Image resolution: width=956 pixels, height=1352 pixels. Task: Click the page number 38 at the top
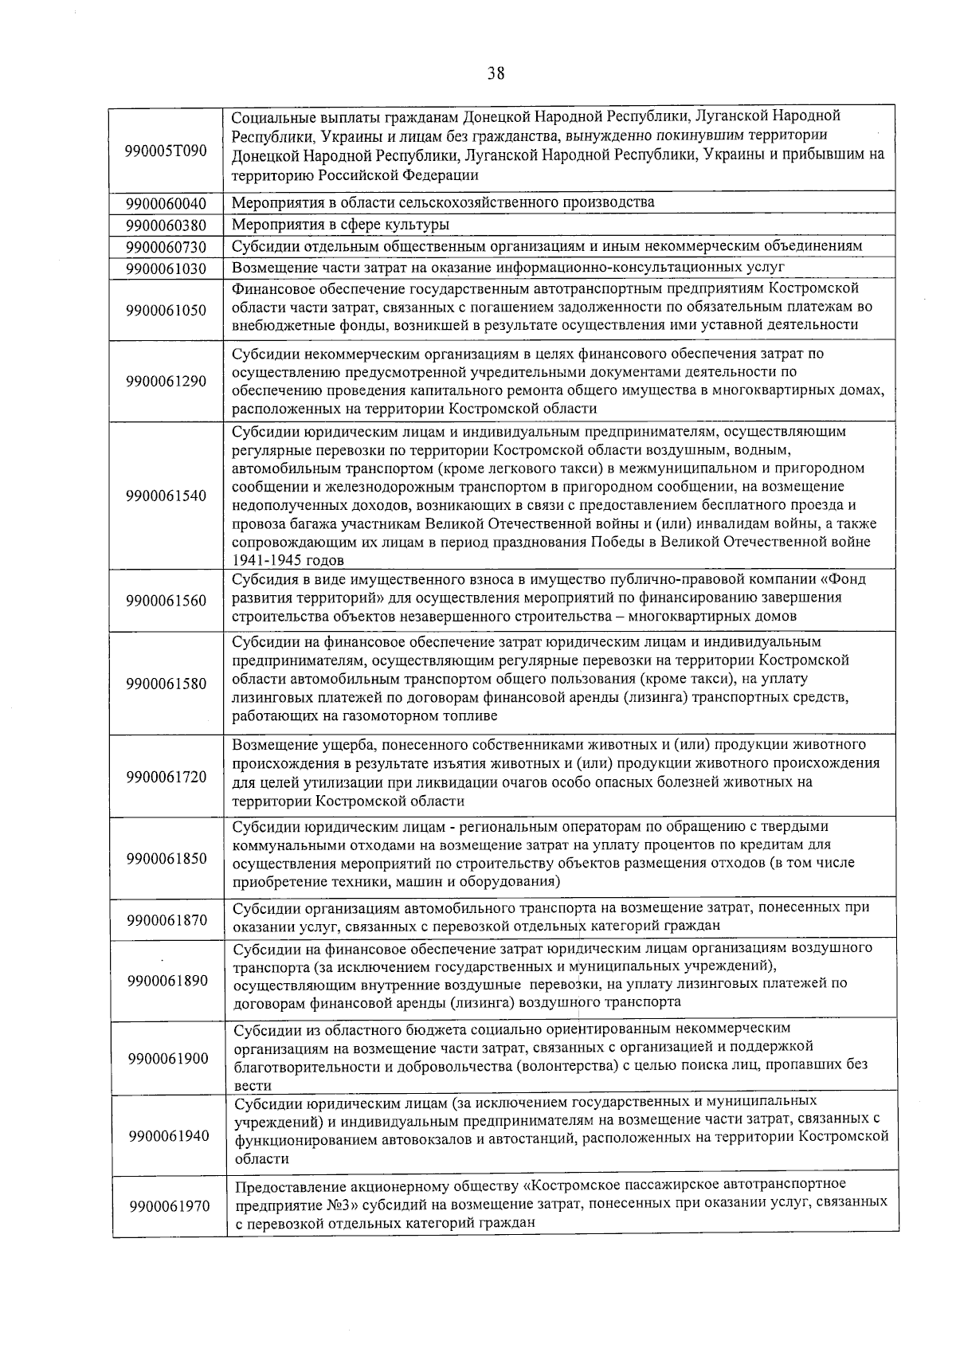pos(496,74)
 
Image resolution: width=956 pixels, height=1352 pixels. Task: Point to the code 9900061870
pos(167,920)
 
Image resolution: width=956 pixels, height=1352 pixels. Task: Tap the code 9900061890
pos(167,981)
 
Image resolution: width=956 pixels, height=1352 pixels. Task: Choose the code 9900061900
pos(168,1058)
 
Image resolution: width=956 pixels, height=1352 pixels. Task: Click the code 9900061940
pos(168,1135)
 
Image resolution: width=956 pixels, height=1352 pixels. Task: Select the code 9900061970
pos(169,1206)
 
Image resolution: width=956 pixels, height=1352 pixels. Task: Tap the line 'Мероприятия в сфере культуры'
pos(340,225)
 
